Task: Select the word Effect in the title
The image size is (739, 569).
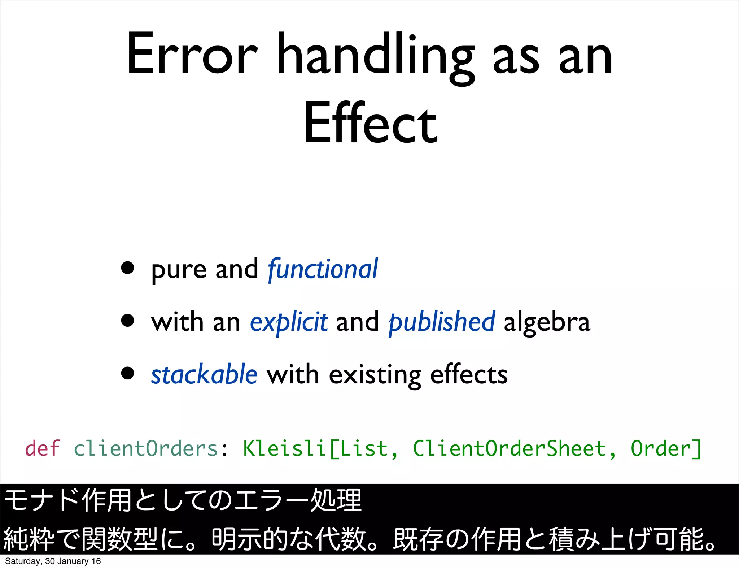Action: pos(371,123)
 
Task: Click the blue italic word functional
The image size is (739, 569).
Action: pos(323,269)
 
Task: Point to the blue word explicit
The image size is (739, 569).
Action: pos(289,322)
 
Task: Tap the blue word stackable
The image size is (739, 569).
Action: pos(204,375)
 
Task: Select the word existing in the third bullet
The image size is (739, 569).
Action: pos(375,375)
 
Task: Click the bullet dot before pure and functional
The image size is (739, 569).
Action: pos(128,268)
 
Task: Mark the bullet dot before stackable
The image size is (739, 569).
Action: pos(128,373)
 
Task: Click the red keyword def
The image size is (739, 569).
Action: pos(42,448)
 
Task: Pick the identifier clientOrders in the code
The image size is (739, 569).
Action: pos(146,449)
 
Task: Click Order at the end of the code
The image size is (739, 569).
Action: pos(661,449)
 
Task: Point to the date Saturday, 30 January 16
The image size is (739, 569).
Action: pos(53,561)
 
